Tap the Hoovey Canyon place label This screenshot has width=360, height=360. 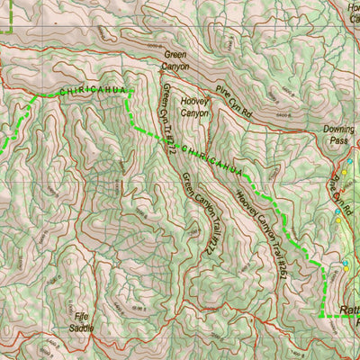[x=195, y=108]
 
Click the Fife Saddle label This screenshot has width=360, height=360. [x=81, y=321]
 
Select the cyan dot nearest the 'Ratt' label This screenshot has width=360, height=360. [x=346, y=264]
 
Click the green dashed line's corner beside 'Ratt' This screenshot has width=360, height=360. [x=322, y=316]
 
